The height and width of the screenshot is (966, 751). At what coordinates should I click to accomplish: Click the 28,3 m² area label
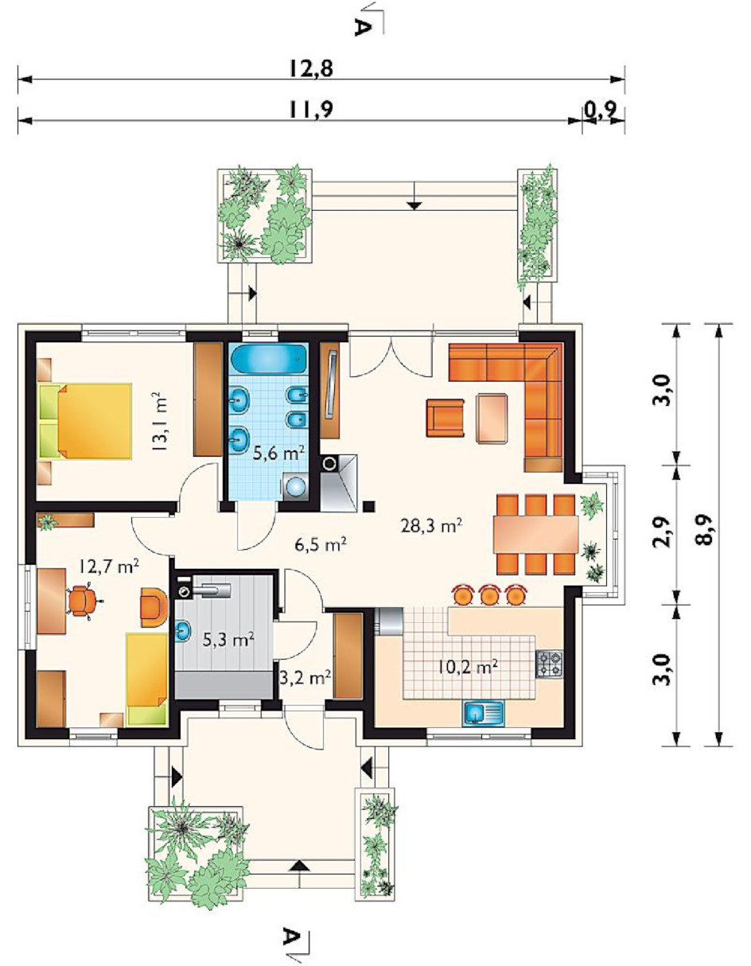coord(431,526)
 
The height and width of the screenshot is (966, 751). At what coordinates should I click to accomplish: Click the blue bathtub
coord(269,359)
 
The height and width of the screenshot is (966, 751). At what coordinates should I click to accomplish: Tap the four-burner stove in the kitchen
coord(549,664)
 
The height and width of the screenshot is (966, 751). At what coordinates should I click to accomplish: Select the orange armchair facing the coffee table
coord(445,418)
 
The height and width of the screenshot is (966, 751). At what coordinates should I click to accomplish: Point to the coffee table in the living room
coord(491,418)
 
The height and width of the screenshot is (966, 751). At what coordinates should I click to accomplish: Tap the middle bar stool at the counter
coord(488,595)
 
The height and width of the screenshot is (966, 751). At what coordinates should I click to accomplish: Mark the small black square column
coord(369,506)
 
